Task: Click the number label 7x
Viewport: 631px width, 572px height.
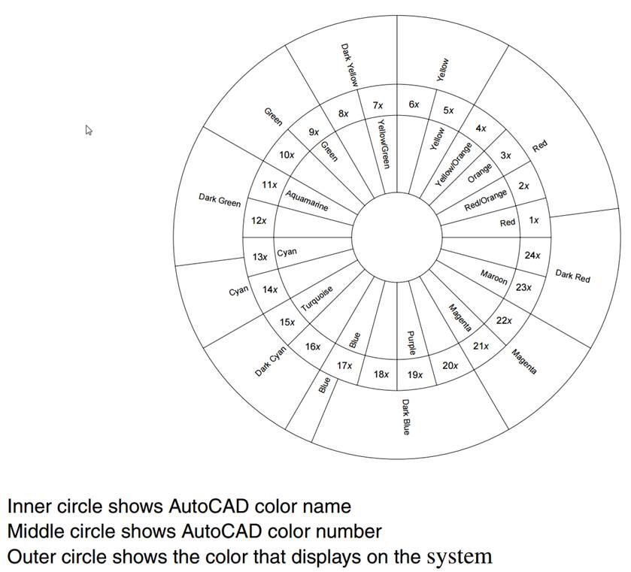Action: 378,106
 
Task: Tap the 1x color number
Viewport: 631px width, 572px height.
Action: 534,220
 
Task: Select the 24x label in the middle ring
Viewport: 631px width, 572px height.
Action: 532,256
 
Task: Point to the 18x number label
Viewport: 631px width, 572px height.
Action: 381,374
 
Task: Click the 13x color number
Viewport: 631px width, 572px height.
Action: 259,257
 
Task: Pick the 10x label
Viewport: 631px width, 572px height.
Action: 287,155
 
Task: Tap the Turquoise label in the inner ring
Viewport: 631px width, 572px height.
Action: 317,299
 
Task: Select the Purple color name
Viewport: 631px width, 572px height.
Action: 411,343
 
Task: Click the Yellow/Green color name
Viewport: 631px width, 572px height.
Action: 384,144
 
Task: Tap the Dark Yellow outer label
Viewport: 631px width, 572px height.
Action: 350,66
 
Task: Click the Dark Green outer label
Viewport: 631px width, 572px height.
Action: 220,201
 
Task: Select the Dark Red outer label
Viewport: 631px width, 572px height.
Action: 572,276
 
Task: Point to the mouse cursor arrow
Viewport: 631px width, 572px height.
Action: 88,129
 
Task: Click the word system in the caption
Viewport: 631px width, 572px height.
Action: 459,557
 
